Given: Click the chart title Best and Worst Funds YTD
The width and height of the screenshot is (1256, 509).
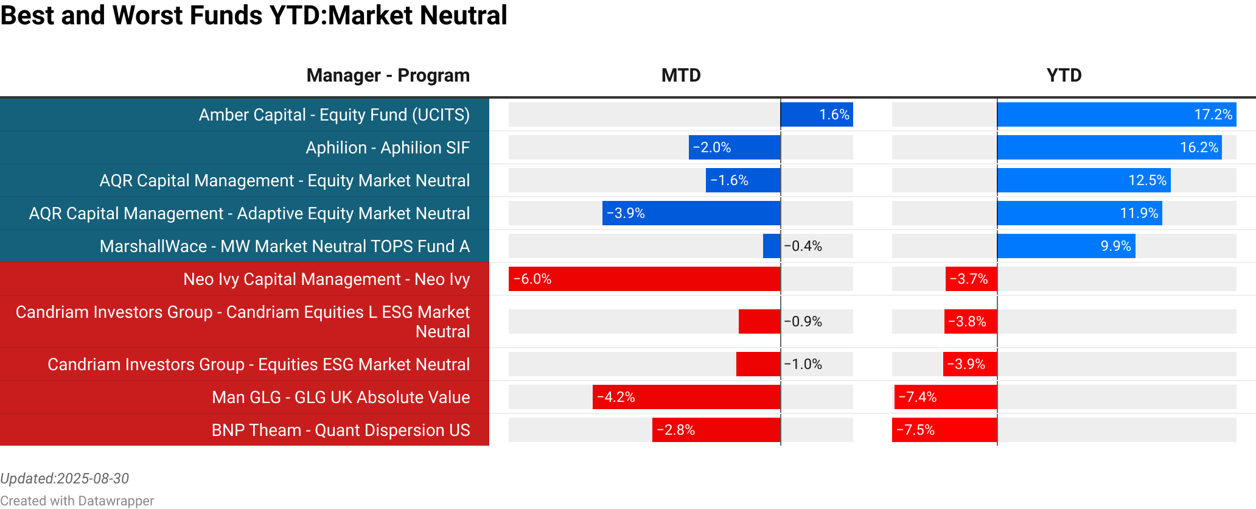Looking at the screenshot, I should point(253,16).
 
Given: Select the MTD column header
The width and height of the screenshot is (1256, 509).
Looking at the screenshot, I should point(681,75).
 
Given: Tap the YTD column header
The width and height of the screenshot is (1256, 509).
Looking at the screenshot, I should point(1064,75).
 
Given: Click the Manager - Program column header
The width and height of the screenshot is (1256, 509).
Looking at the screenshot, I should point(388,75).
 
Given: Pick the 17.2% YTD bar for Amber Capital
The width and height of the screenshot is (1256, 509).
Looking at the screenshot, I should point(1116,114).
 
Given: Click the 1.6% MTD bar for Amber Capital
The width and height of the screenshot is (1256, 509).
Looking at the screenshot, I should point(817,114).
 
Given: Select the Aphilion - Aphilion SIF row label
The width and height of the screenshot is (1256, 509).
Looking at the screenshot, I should point(388,148).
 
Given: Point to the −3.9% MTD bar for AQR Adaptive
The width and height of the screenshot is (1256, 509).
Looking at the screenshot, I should point(691,213).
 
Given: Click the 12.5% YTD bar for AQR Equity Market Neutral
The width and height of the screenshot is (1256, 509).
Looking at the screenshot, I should point(1083,180).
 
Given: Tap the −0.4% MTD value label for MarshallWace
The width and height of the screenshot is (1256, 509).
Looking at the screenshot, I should point(803,246).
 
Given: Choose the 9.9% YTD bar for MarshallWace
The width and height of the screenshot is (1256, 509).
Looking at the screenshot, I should point(1066,246).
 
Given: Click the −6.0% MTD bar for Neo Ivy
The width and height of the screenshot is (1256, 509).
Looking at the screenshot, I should point(644,279).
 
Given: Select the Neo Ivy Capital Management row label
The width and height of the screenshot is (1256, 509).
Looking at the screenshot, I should point(326,279).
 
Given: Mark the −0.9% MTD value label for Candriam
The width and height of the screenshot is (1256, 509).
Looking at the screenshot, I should point(803,321).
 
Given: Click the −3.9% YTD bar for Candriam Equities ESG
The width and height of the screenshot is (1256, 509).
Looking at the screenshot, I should point(970,364).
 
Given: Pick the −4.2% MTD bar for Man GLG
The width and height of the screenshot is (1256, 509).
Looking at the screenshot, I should point(686,397).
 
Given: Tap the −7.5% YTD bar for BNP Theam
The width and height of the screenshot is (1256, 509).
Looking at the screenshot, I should point(944,430).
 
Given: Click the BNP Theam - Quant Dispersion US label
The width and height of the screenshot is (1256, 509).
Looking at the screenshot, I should point(341,430).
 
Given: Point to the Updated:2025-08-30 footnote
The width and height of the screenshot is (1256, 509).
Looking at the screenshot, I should point(65,479).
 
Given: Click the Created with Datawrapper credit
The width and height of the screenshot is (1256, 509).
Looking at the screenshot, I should point(77,500).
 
